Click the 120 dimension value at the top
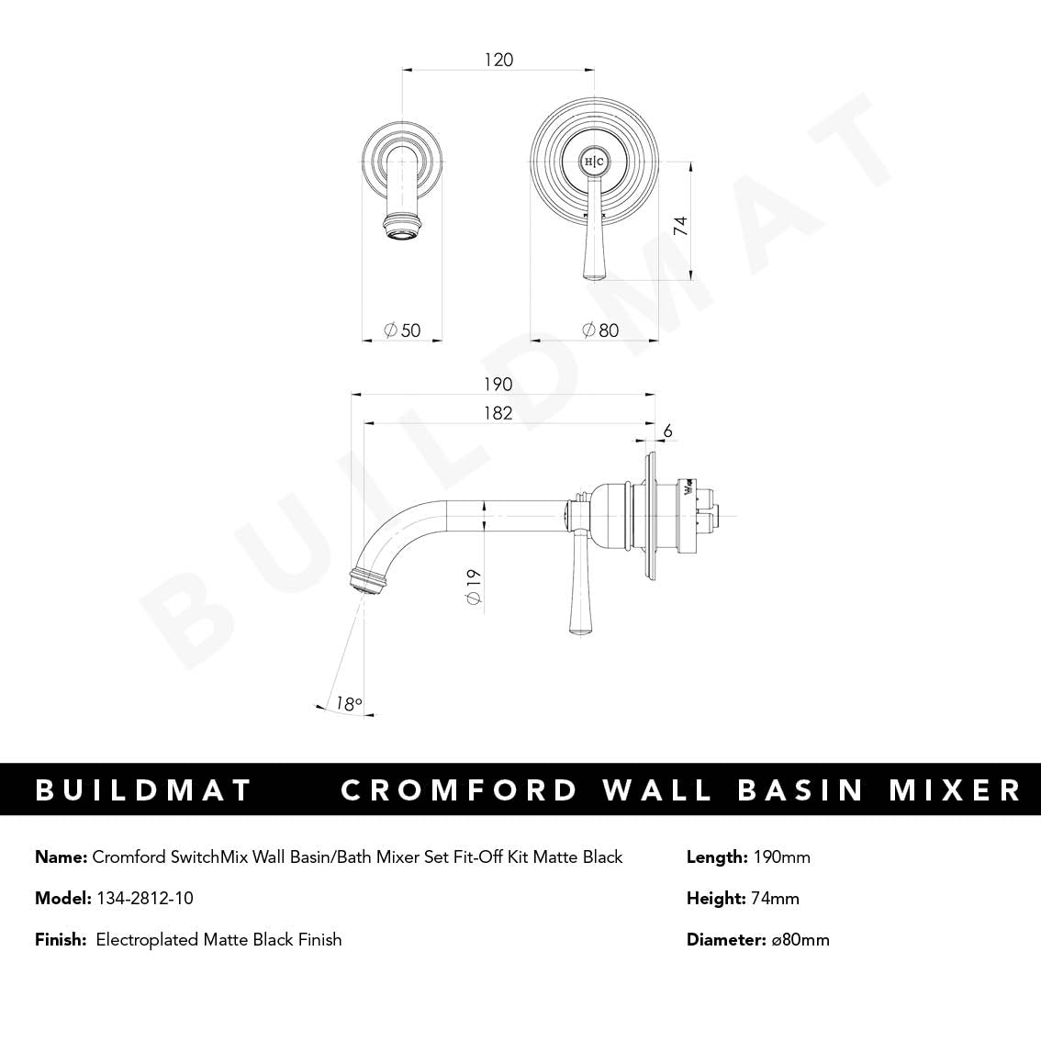click(x=498, y=60)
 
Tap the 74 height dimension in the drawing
click(x=680, y=226)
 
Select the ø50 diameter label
click(x=402, y=330)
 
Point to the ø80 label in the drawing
click(x=600, y=330)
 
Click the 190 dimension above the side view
click(x=498, y=384)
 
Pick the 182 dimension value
click(x=498, y=413)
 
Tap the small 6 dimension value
click(x=667, y=431)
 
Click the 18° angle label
click(x=348, y=704)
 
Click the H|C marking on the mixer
click(x=594, y=162)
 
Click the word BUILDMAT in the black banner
click(x=143, y=789)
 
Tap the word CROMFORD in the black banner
click(x=460, y=789)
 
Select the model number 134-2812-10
click(x=144, y=898)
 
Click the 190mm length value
click(x=781, y=857)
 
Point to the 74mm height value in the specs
click(x=775, y=898)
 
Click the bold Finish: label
click(x=61, y=939)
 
